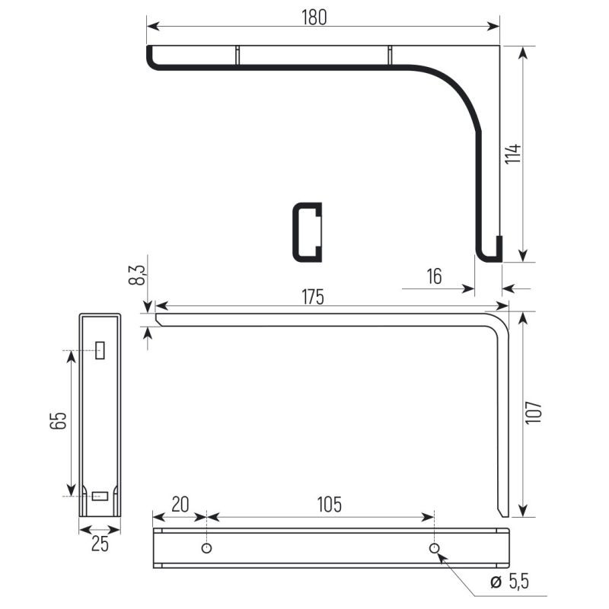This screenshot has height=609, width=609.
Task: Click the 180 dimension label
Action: click(x=314, y=18)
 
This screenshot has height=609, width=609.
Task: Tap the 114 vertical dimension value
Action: click(x=513, y=154)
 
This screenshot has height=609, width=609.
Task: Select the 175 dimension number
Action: click(x=313, y=297)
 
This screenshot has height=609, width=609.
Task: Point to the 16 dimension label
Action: click(x=434, y=276)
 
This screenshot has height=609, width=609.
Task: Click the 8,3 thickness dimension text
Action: click(x=137, y=275)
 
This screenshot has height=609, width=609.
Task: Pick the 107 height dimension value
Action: click(x=534, y=413)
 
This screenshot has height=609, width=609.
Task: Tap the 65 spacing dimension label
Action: click(x=59, y=420)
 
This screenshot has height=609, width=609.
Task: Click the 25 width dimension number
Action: click(x=100, y=544)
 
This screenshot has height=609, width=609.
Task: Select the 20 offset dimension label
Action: click(x=180, y=505)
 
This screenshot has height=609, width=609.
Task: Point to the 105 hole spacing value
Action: click(x=330, y=505)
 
